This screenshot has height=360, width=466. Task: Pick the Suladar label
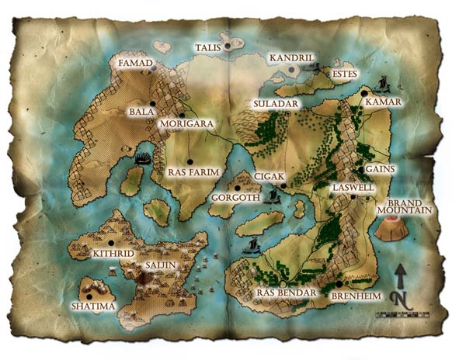(x=272, y=104)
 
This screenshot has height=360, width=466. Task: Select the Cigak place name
(x=270, y=177)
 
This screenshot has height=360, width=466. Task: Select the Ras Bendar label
(x=287, y=292)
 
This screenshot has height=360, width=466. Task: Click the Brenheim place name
(x=354, y=294)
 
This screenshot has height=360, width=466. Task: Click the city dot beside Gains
(x=361, y=168)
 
